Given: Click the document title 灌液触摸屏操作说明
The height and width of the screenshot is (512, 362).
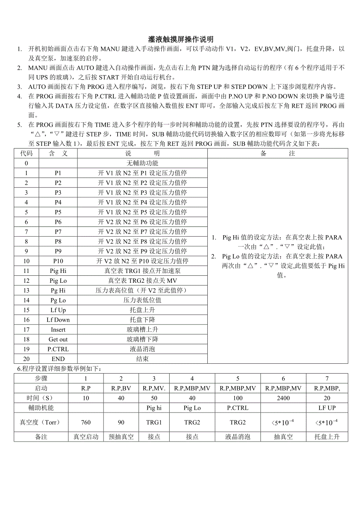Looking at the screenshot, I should coord(181,39).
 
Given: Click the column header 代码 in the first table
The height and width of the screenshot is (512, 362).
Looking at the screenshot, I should coord(26,153).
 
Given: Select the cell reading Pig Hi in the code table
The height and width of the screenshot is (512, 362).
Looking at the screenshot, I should coord(58,271).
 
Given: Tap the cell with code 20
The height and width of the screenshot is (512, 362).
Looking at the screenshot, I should coord(26,359).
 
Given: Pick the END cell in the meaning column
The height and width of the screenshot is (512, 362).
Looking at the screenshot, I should coord(58,359).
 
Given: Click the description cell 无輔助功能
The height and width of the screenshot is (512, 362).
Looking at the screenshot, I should coord(142,163).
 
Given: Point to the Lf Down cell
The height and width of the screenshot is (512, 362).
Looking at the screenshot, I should coord(58,320).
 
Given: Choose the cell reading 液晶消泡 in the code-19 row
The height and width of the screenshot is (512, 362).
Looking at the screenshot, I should coord(142,349).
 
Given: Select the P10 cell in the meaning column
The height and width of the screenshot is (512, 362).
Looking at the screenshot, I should coord(58,261).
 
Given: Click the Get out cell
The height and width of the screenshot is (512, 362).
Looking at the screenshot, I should coord(58,339).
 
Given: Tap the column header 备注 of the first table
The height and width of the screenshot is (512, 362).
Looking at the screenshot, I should coord(277,153).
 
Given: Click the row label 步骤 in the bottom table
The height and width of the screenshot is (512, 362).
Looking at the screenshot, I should coord(41,378).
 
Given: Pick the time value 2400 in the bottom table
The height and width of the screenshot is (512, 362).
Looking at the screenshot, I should coord(283,398).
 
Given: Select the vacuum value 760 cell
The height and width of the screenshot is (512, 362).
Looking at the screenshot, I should coord(86,422).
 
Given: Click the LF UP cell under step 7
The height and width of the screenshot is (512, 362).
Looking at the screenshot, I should coord(327,408).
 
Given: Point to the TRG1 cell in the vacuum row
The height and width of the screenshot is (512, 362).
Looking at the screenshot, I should coord(154,422).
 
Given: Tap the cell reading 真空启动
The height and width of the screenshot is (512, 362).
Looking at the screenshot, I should coord(86,436).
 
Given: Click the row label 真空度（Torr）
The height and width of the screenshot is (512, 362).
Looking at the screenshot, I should coord(41,422).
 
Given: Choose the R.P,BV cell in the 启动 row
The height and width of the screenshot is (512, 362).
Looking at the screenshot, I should coord(121,388).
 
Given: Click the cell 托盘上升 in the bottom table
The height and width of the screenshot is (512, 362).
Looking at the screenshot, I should coord(327,436).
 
